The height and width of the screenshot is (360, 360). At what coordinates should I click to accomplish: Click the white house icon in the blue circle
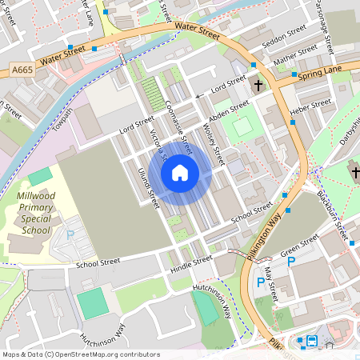(x=180, y=172)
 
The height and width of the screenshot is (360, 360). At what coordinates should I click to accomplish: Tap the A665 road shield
(x=22, y=71)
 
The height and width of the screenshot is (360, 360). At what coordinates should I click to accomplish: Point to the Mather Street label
(x=295, y=54)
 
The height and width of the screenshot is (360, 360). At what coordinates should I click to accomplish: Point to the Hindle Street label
(x=191, y=263)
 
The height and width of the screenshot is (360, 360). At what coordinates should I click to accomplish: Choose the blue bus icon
(x=311, y=342)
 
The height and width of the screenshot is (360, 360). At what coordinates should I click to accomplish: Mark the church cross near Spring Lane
(x=258, y=84)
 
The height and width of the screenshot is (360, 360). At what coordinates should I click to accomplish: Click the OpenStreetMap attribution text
(x=80, y=354)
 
